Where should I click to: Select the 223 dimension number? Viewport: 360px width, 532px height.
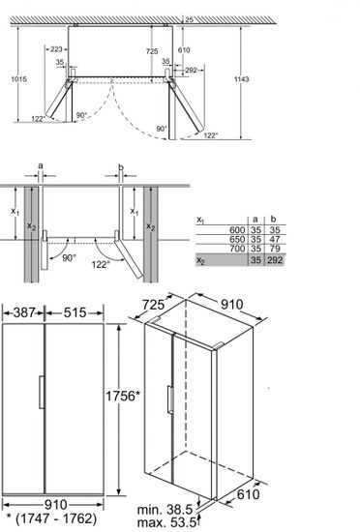[x=56, y=49]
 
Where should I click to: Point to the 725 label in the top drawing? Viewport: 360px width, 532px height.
[x=152, y=49]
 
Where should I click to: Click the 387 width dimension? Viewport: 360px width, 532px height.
[x=24, y=312]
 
